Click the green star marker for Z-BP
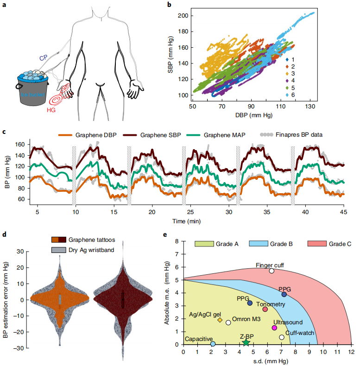click(x=246, y=342)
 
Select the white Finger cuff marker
click(x=272, y=271)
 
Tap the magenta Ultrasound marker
click(x=274, y=328)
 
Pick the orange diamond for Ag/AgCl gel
click(x=220, y=320)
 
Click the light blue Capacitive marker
click(x=213, y=344)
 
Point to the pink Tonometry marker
click(x=265, y=309)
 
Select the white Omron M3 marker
click(x=228, y=322)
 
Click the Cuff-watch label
click(x=300, y=333)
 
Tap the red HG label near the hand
click(x=51, y=110)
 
